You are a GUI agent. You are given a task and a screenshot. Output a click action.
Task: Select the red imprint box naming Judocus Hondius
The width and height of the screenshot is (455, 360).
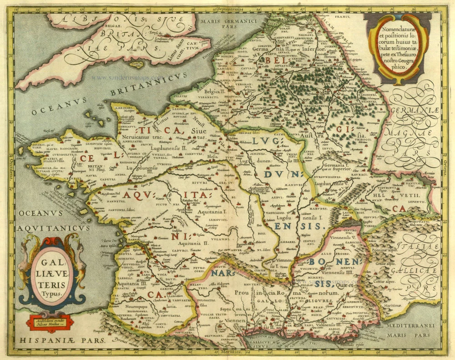coord(52,319)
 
